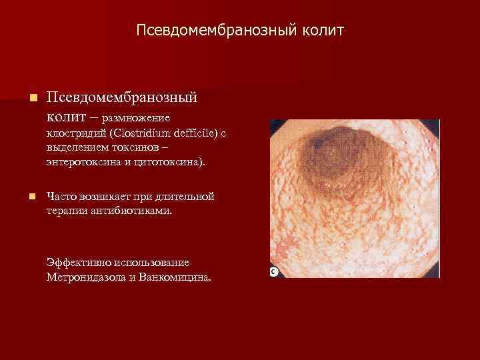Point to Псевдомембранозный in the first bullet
click(x=121, y=97)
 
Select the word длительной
click(x=185, y=197)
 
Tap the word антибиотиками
click(x=129, y=211)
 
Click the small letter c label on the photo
click(x=273, y=271)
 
